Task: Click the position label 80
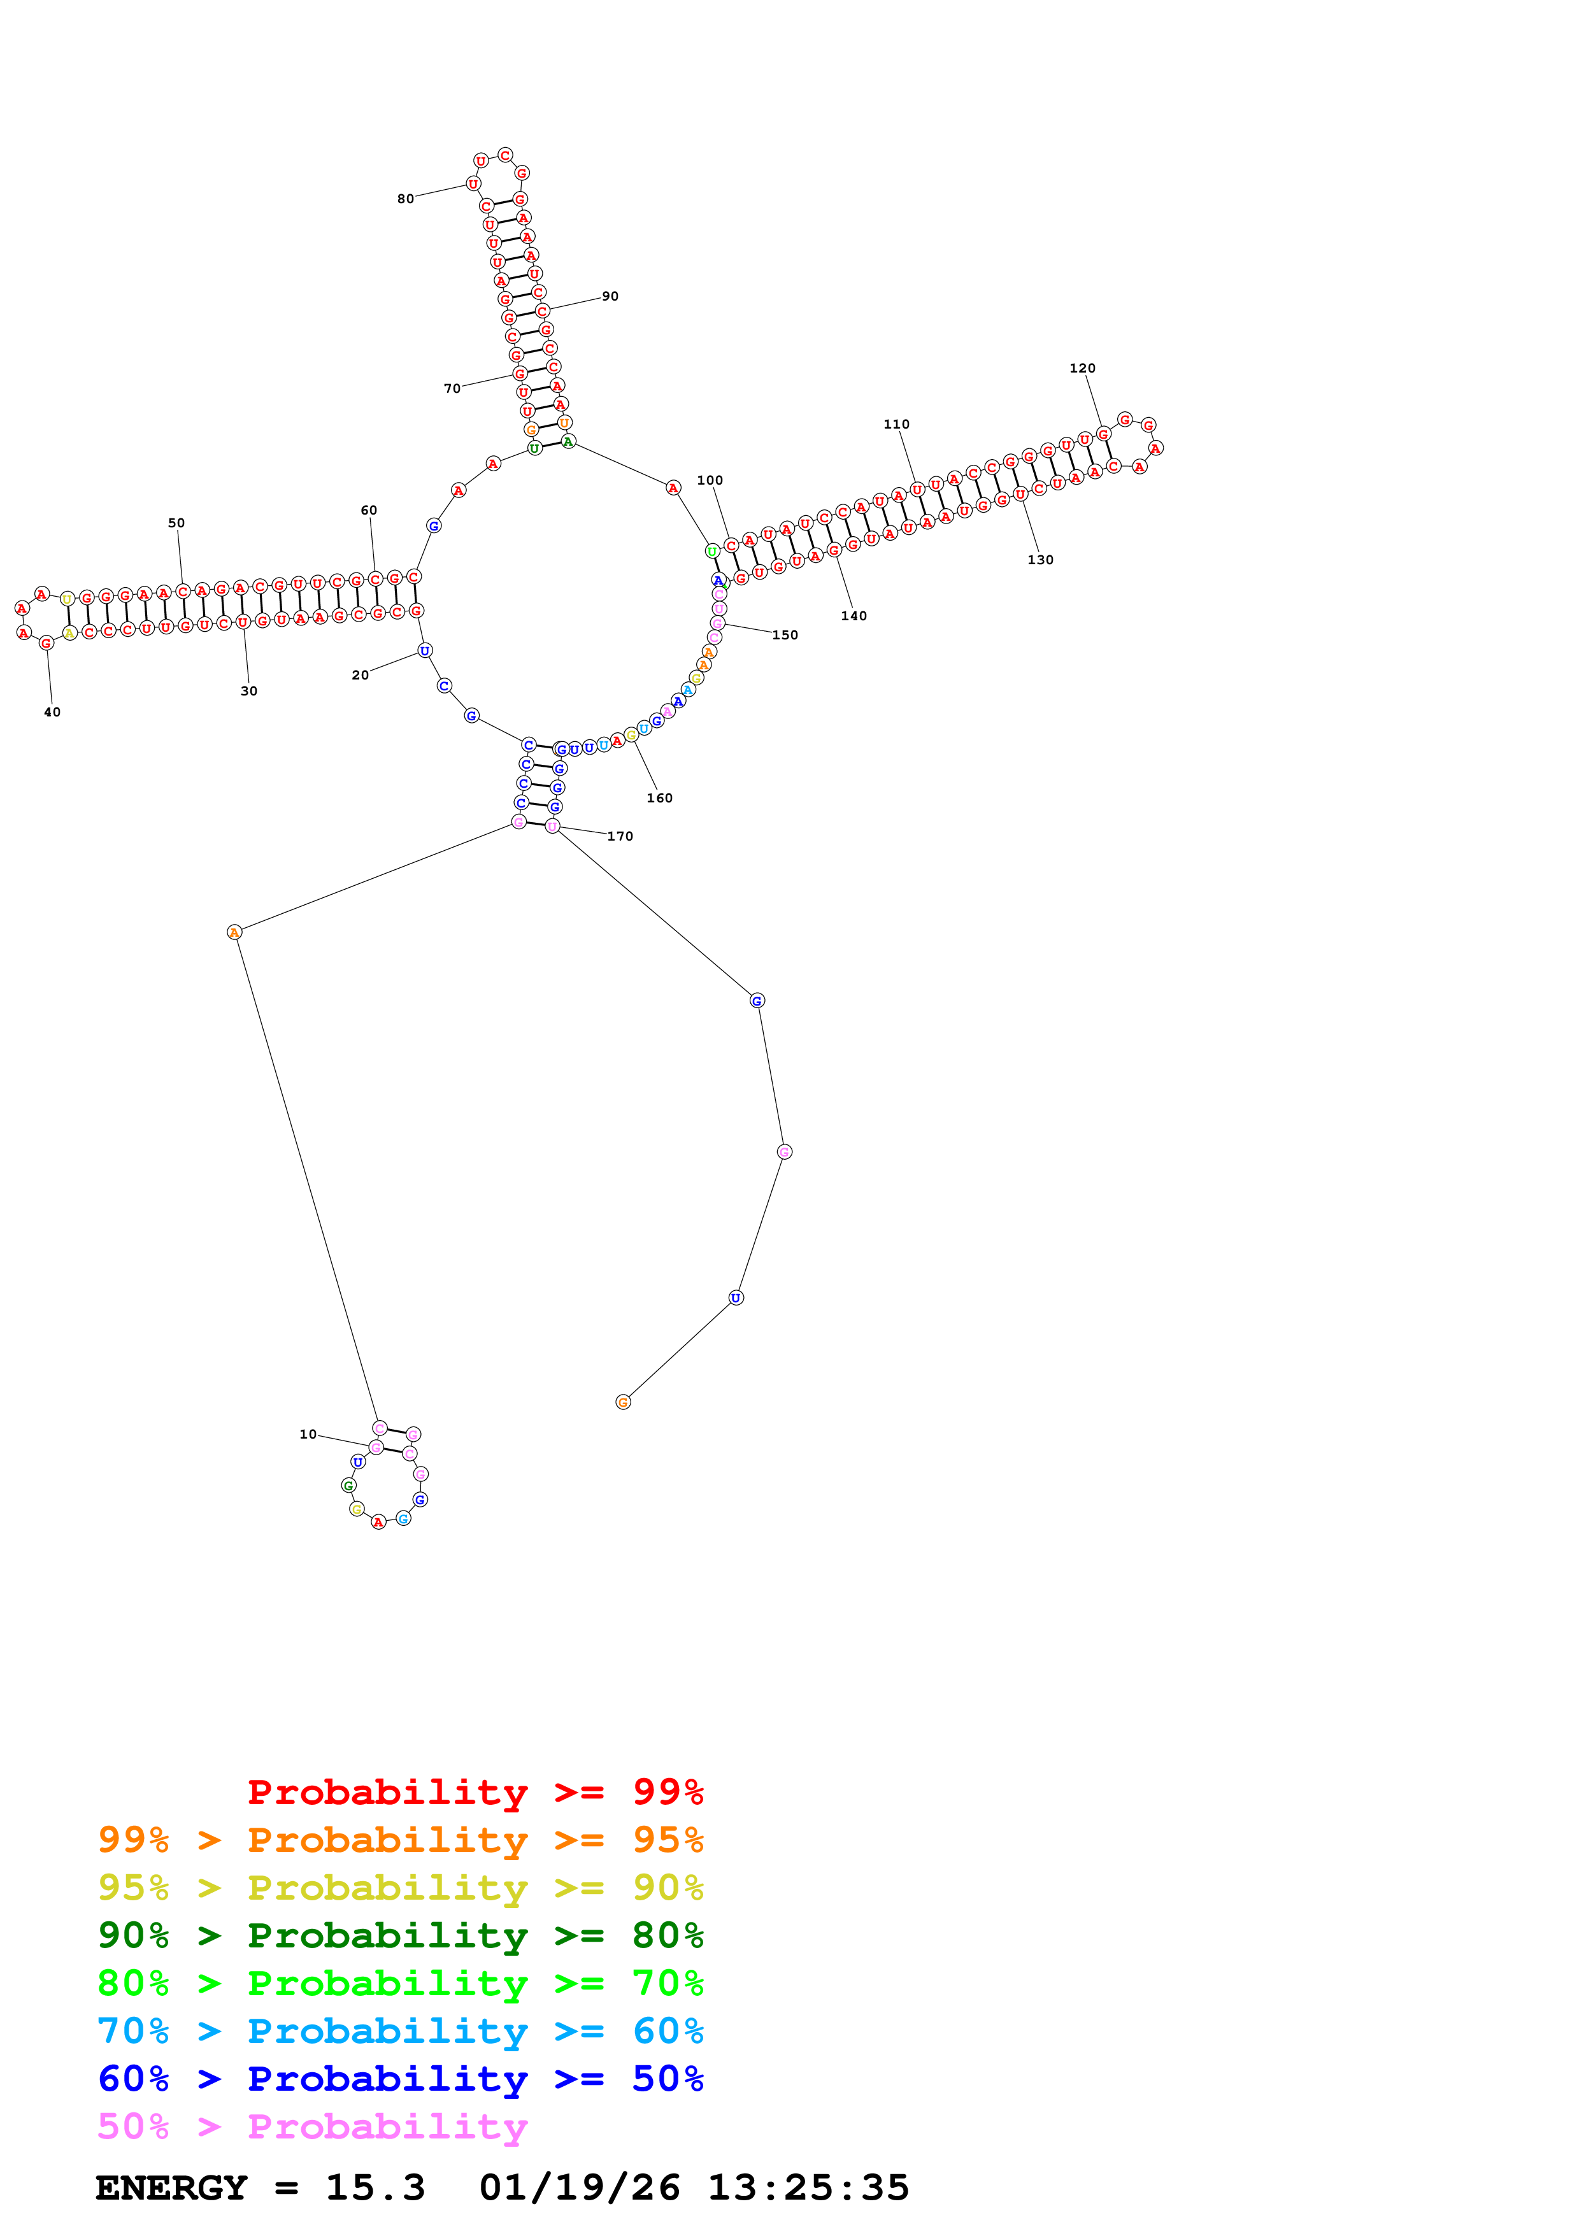click(404, 199)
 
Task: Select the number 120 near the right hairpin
click(1082, 369)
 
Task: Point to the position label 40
click(52, 712)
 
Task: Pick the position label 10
click(308, 1434)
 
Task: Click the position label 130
click(1040, 560)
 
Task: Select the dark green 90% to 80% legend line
click(400, 1935)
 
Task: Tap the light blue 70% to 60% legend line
click(400, 2031)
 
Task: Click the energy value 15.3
click(376, 2188)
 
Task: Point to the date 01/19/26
click(579, 2188)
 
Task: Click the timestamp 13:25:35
click(808, 2188)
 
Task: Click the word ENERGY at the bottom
click(171, 2188)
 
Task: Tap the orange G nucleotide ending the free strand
click(623, 1402)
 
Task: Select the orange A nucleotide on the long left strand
click(234, 932)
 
